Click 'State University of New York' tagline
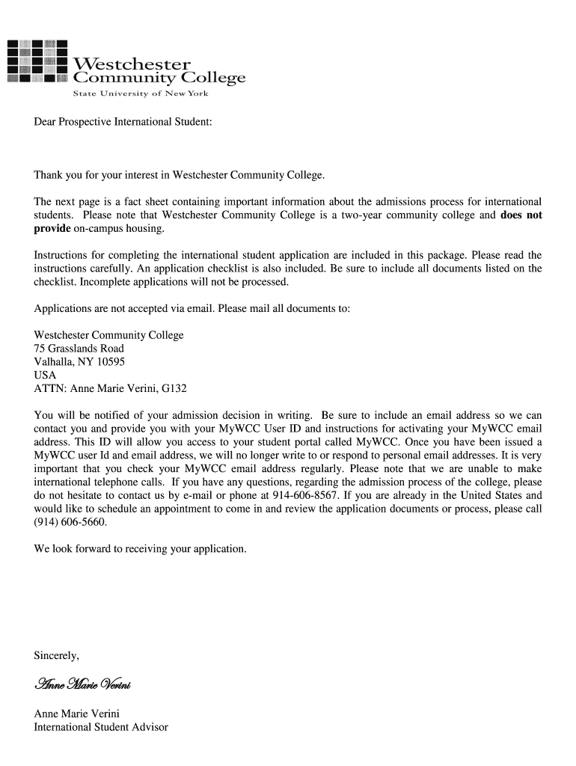(140, 94)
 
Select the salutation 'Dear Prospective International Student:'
(123, 120)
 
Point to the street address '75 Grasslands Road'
(79, 349)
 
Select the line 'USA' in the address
(45, 376)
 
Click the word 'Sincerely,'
(56, 655)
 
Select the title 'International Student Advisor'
(101, 727)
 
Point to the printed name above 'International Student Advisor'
(77, 714)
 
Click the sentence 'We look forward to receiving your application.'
(140, 549)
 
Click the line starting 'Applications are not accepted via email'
(192, 309)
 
